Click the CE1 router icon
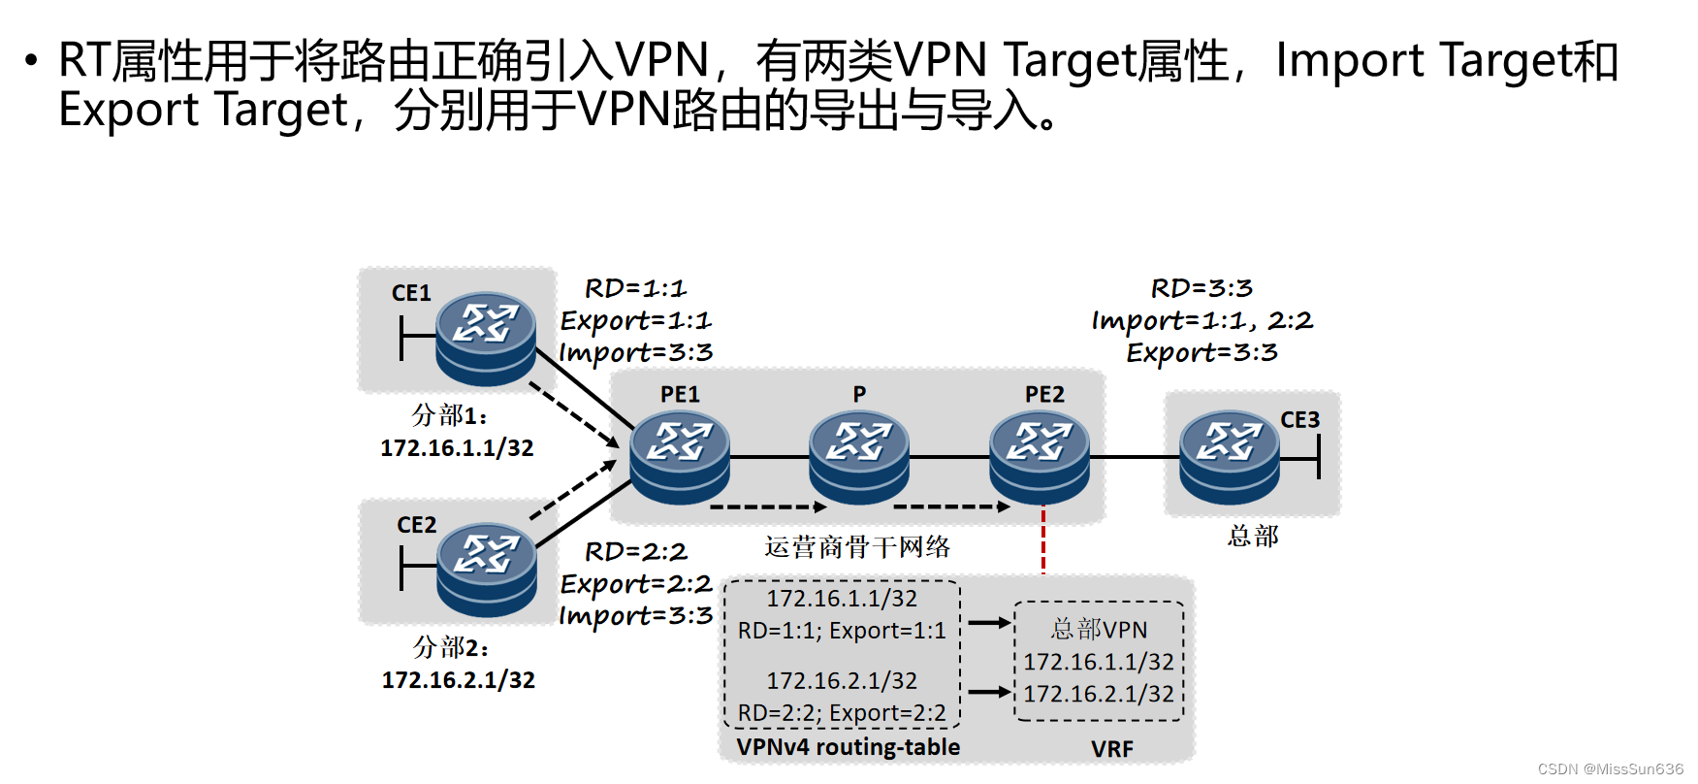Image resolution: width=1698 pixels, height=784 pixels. tap(485, 338)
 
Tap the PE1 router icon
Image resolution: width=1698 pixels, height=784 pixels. tap(679, 455)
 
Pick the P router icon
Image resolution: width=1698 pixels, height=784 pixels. tap(858, 455)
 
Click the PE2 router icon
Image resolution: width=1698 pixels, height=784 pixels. tap(1039, 455)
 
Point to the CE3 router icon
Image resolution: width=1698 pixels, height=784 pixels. tap(1229, 455)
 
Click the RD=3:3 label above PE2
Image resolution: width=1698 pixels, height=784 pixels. tap(1201, 288)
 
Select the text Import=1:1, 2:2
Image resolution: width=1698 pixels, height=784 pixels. tap(1201, 320)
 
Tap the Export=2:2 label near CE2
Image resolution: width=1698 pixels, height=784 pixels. tap(636, 584)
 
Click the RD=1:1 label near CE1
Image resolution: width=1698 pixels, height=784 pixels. tap(635, 288)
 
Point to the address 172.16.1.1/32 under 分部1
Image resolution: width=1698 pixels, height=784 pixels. tap(457, 448)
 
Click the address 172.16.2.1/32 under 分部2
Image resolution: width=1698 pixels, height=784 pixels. tap(458, 680)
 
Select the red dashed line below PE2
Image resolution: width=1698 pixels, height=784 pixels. tap(1043, 541)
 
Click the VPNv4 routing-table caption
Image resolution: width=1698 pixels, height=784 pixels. tap(848, 747)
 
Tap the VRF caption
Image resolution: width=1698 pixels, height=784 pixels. tap(1111, 749)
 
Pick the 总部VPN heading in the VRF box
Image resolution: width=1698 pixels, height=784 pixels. tap(1099, 630)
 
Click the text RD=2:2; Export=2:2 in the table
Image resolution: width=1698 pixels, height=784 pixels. tap(842, 713)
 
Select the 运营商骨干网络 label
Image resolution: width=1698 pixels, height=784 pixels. tap(856, 547)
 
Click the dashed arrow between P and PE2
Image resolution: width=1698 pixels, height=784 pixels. tap(950, 506)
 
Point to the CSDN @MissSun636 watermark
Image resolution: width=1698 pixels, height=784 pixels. tap(1610, 769)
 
